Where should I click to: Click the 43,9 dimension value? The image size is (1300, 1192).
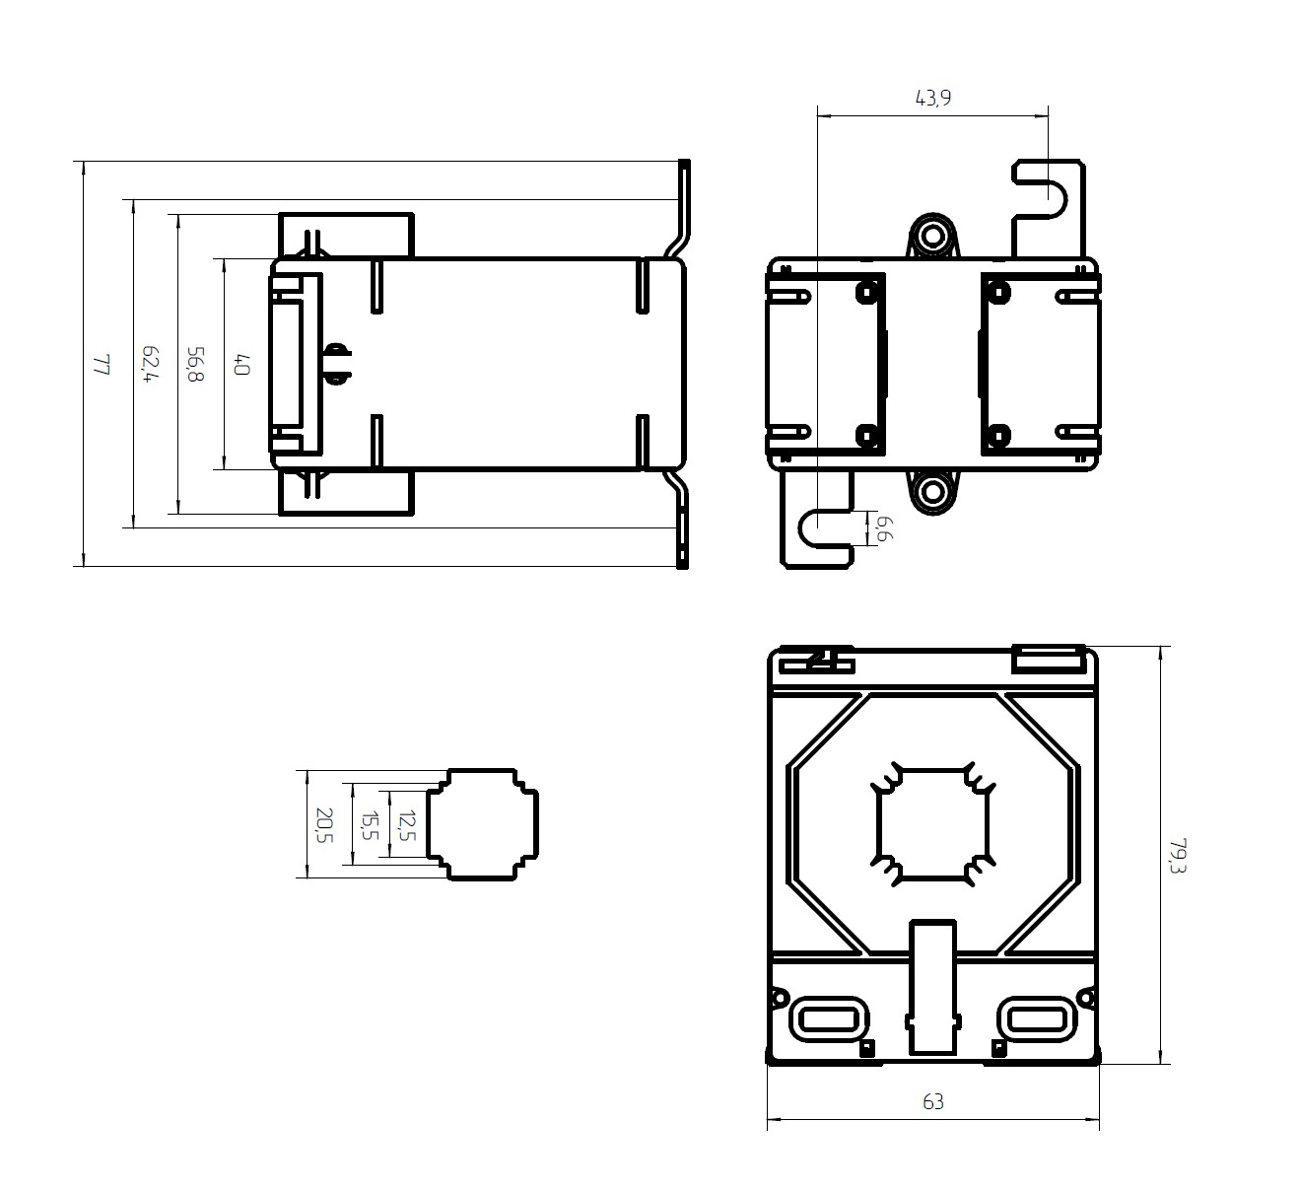[932, 98]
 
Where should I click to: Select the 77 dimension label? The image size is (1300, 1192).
[102, 364]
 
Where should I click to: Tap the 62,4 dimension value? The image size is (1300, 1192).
[150, 364]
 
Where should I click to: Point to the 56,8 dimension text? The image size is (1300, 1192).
[195, 364]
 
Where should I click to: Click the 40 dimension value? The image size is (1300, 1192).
[241, 364]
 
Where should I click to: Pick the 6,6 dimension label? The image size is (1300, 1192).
[885, 528]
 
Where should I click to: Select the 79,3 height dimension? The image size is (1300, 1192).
[1178, 856]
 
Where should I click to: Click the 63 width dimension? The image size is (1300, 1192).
[932, 1101]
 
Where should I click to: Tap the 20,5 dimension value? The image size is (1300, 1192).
[324, 825]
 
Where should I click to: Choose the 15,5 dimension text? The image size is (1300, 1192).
[370, 825]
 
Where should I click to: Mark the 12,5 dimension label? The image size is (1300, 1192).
[406, 825]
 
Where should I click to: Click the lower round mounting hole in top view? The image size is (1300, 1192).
[932, 491]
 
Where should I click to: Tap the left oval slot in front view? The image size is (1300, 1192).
[829, 1019]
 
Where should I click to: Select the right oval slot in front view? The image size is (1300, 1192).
[1037, 1019]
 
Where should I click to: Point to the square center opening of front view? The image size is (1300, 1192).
[932, 825]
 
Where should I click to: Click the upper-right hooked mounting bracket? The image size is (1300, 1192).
[1049, 207]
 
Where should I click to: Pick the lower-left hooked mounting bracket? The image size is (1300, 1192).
[816, 520]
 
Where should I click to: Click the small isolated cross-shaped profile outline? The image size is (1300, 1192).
[483, 825]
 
